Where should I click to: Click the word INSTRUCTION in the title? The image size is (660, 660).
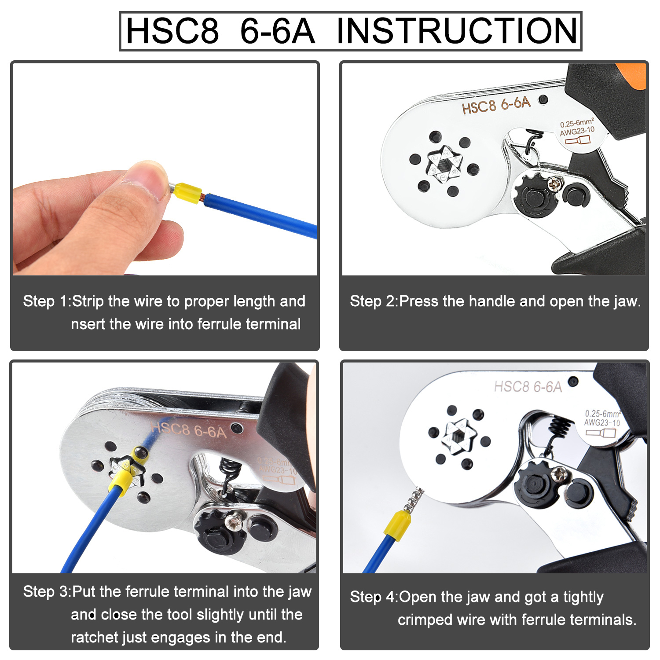(457, 31)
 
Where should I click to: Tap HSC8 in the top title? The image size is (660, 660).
(172, 31)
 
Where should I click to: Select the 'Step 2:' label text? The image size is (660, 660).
(374, 301)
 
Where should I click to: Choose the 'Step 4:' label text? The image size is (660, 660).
(374, 597)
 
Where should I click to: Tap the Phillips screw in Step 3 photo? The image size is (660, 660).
(232, 523)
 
